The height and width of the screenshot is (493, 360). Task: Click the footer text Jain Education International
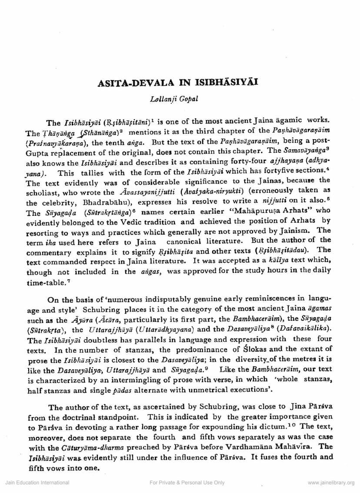point(37,482)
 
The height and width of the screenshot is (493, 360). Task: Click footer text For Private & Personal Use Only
point(187,482)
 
